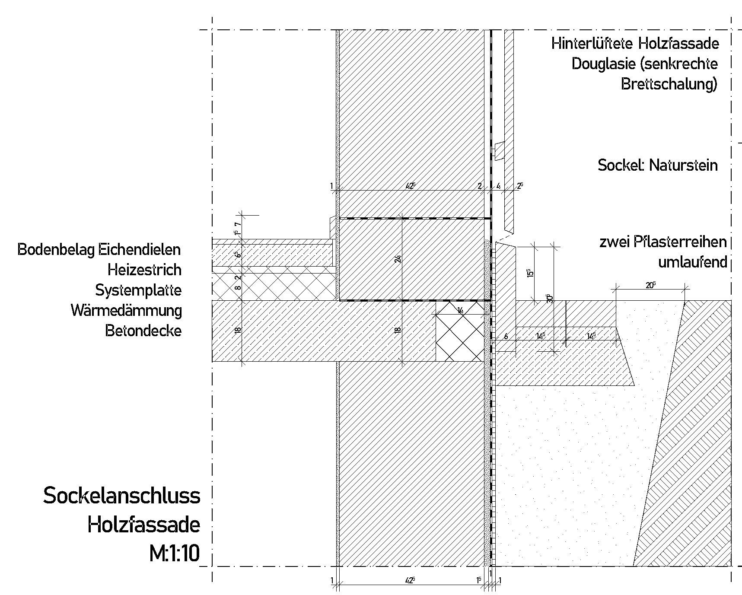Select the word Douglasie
[x=602, y=64]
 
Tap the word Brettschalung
[x=669, y=84]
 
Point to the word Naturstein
[x=683, y=165]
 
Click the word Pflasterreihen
[x=680, y=242]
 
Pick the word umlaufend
[x=692, y=262]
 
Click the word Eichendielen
[x=140, y=249]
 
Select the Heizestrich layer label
[x=144, y=270]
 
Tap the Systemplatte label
[x=138, y=290]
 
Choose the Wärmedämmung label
[x=126, y=310]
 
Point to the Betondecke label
[x=143, y=331]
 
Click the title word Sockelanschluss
[x=121, y=496]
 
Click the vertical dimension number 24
[x=398, y=258]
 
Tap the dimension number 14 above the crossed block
[x=460, y=310]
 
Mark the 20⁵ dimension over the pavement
[x=650, y=286]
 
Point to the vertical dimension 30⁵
[x=549, y=298]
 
